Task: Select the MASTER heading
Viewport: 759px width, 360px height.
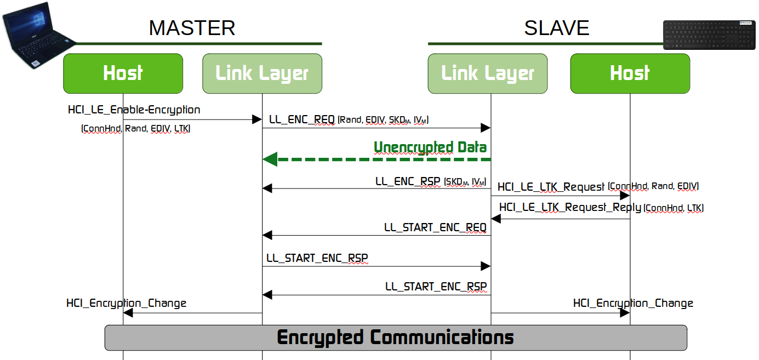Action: point(192,28)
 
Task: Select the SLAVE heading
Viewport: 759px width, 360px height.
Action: point(556,28)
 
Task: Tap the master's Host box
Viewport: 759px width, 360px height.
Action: point(123,73)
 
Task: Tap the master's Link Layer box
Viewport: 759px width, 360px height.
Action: point(262,73)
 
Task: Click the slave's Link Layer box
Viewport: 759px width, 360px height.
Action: point(487,73)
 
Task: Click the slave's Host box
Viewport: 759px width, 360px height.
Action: point(630,73)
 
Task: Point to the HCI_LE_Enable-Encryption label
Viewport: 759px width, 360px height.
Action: point(134,110)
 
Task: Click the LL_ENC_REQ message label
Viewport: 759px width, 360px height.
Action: point(301,119)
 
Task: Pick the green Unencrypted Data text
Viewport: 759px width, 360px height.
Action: point(430,147)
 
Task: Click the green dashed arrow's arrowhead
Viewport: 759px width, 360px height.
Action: point(270,159)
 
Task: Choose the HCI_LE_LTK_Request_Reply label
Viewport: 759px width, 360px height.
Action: point(570,207)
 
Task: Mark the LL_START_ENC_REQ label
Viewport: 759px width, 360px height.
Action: point(435,227)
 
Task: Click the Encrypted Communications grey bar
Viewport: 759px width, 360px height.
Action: point(395,337)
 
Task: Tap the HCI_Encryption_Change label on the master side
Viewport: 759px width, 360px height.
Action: point(127,303)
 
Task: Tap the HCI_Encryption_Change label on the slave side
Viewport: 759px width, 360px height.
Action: point(633,303)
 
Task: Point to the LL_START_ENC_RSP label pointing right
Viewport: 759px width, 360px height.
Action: point(317,258)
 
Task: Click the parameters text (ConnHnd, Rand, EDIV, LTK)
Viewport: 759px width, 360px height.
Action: point(135,129)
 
